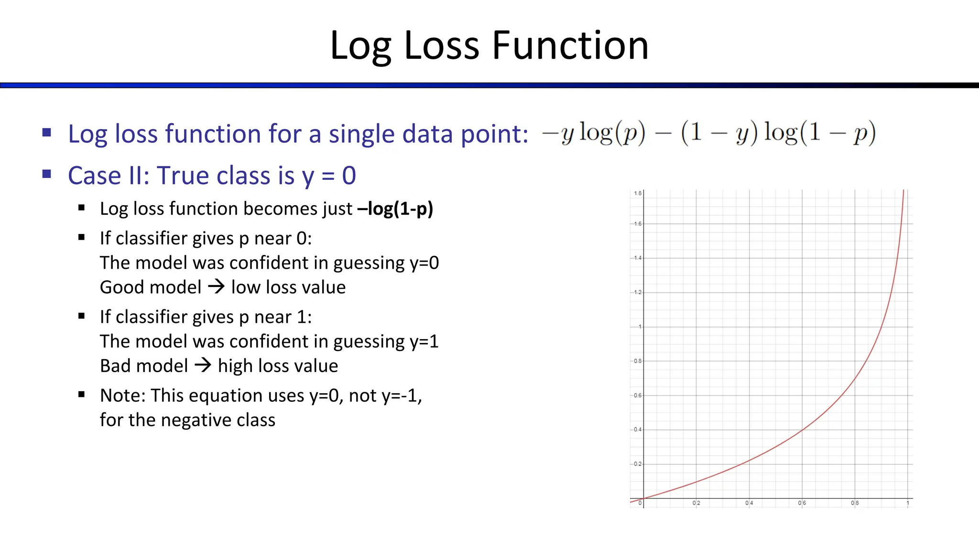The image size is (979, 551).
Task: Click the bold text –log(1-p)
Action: pyautogui.click(x=395, y=209)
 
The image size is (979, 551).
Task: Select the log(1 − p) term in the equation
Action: pyautogui.click(x=819, y=133)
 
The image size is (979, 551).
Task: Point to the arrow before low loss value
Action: pyautogui.click(x=216, y=287)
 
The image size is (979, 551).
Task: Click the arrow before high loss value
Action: pyautogui.click(x=203, y=365)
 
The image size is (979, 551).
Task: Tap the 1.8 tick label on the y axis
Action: pyautogui.click(x=638, y=193)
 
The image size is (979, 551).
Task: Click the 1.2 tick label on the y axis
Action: pyautogui.click(x=638, y=292)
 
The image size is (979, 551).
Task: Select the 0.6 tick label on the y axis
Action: pyautogui.click(x=638, y=396)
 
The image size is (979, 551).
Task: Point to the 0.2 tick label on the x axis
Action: pyautogui.click(x=696, y=503)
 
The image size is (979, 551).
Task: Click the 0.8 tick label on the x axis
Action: pyautogui.click(x=855, y=503)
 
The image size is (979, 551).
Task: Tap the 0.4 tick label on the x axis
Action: pyautogui.click(x=749, y=503)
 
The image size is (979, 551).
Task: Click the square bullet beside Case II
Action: pyautogui.click(x=47, y=174)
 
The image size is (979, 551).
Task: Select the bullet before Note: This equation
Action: pyautogui.click(x=82, y=395)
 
